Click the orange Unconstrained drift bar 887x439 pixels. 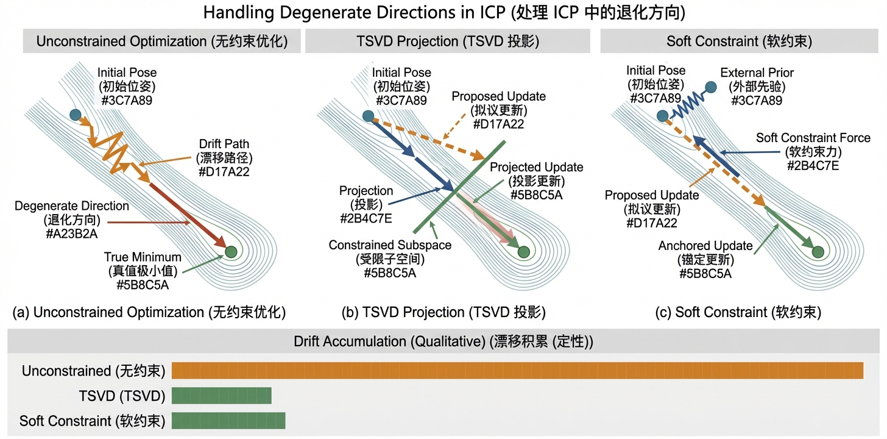coord(517,370)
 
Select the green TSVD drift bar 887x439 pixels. coord(221,396)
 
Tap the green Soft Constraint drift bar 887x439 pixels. coord(228,420)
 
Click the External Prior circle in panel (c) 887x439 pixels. coord(710,87)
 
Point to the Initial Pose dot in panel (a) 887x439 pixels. coord(75,115)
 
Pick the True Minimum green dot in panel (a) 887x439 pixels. coord(230,251)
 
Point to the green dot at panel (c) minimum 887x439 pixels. coord(818,251)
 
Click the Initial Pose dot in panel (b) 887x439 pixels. coord(367,116)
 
